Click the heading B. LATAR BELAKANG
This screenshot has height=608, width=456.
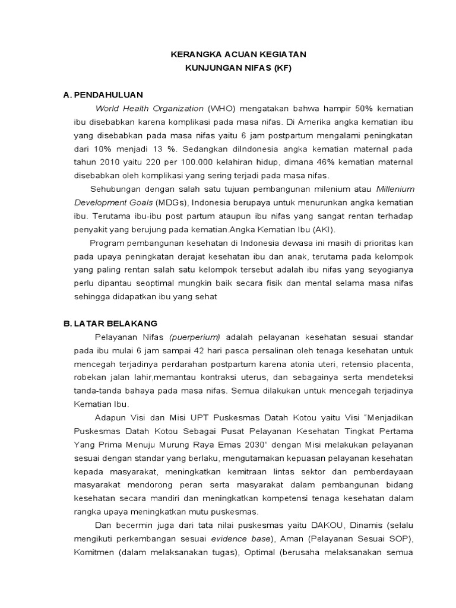[x=110, y=324]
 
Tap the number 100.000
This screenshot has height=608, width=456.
[x=189, y=163]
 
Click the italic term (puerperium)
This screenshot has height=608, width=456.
[x=195, y=337]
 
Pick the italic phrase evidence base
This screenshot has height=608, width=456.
[x=240, y=539]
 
